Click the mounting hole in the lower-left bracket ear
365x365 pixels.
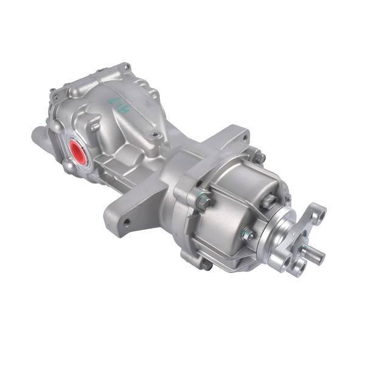(126, 223)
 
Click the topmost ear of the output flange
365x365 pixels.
(317, 212)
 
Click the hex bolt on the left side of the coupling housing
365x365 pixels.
(203, 201)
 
